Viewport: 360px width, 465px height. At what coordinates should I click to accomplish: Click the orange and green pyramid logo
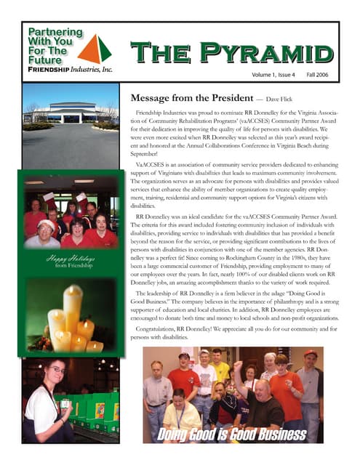coord(95,49)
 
